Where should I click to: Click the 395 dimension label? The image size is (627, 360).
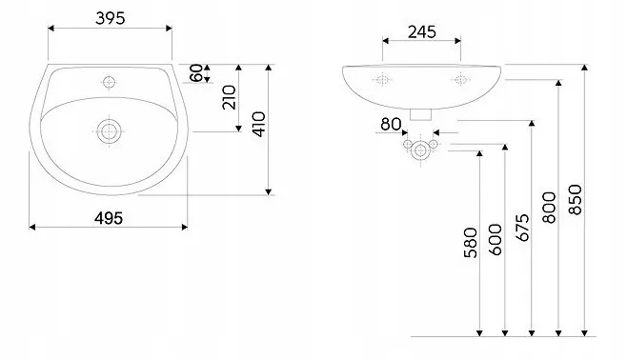pyautogui.click(x=110, y=18)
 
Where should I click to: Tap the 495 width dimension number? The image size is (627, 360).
pyautogui.click(x=109, y=218)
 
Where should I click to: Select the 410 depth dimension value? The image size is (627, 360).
pyautogui.click(x=259, y=124)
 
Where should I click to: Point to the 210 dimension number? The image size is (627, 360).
pyautogui.click(x=229, y=97)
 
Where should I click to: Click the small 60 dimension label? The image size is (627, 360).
pyautogui.click(x=196, y=73)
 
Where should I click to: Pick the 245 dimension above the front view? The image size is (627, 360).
pyautogui.click(x=422, y=32)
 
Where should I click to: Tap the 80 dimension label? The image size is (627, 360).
pyautogui.click(x=391, y=124)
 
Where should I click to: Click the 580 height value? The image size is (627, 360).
pyautogui.click(x=471, y=243)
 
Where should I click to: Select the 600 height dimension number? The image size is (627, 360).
pyautogui.click(x=496, y=239)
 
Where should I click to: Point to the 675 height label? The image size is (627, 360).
pyautogui.click(x=522, y=228)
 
